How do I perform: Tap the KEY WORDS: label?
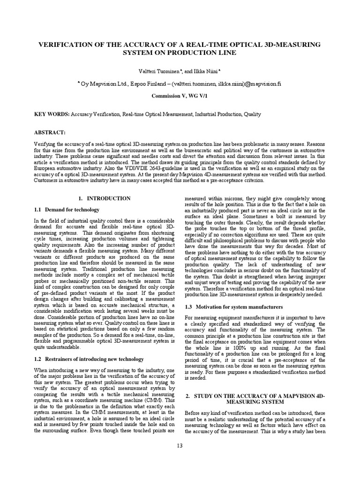[x=52, y=114]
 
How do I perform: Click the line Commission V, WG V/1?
[x=180, y=95]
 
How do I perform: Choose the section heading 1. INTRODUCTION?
[x=104, y=198]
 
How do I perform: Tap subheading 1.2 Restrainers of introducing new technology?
[x=89, y=359]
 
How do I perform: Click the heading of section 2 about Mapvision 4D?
[x=255, y=399]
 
